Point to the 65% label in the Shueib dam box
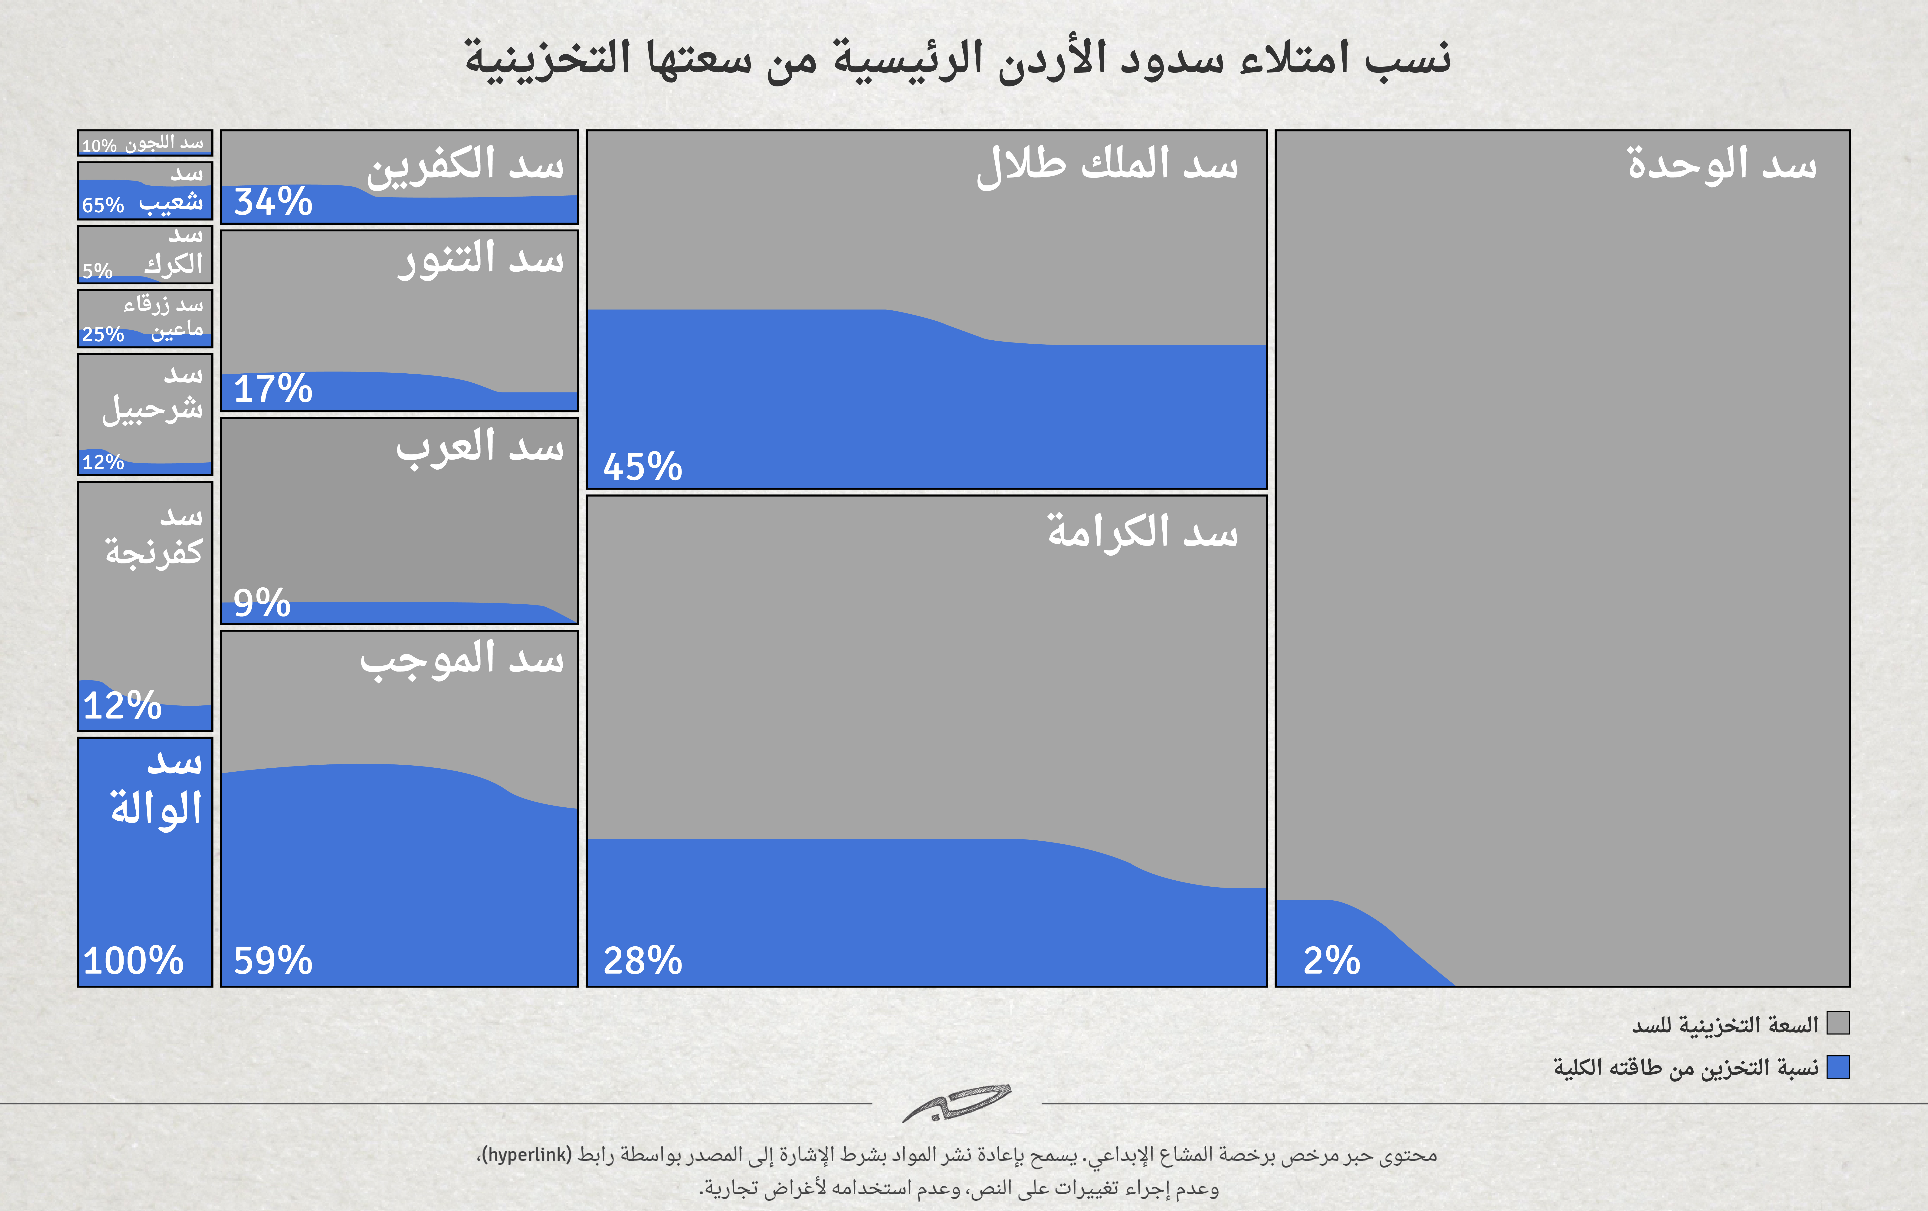pos(102,205)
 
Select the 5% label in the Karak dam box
pos(97,271)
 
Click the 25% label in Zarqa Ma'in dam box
pos(102,334)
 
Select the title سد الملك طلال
pos(1107,165)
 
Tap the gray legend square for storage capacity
pos(1838,1023)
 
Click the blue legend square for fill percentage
pos(1838,1067)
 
